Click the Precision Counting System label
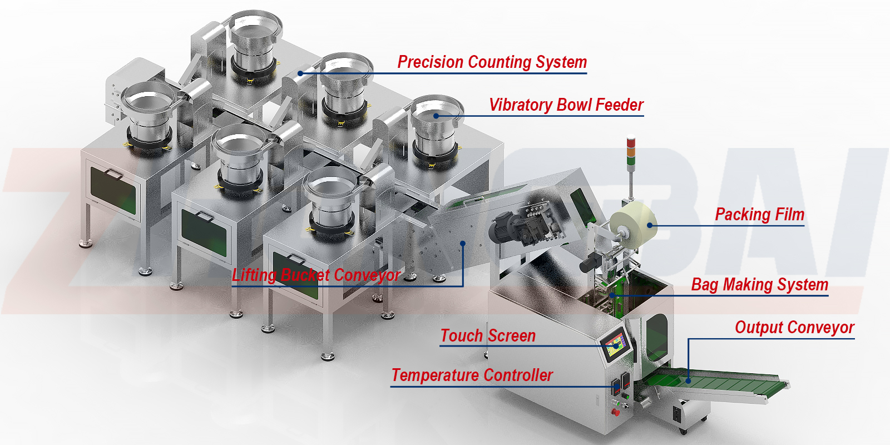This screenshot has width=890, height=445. click(492, 62)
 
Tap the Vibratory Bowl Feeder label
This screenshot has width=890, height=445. click(566, 105)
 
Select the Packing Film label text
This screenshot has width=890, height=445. click(759, 214)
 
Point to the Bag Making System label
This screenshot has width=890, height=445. click(759, 284)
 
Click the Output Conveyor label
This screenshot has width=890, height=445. click(794, 327)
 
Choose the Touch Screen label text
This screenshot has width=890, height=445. click(487, 335)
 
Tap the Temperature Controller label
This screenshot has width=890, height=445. click(472, 375)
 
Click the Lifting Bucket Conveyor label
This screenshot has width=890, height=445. click(316, 275)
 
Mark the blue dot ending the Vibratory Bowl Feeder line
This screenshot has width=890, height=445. click(437, 116)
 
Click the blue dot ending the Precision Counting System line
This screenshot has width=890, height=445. click(300, 73)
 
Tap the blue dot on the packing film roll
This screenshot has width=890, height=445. click(650, 225)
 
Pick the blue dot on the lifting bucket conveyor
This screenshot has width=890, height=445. click(463, 243)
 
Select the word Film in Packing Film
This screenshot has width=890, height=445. click(789, 214)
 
